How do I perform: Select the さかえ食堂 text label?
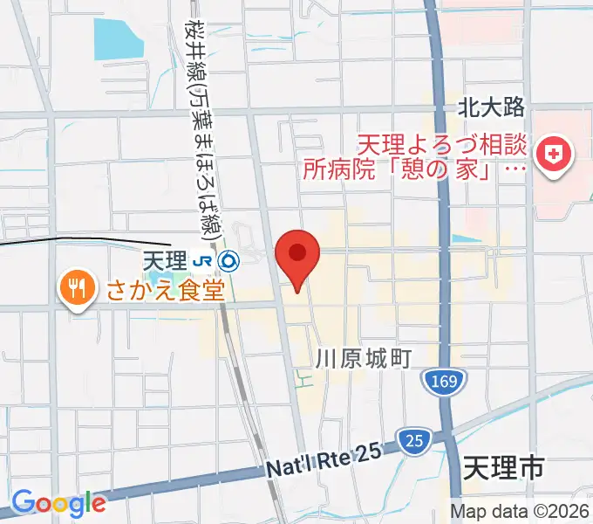(166, 287)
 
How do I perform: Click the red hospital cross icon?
(554, 157)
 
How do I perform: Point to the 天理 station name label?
(165, 259)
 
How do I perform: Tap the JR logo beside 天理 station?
(202, 259)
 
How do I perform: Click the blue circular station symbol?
(228, 259)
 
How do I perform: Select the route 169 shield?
(445, 380)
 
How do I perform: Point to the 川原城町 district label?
(363, 357)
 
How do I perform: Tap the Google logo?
(58, 502)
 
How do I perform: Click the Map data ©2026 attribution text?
(520, 511)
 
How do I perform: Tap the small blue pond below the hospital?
(466, 238)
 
